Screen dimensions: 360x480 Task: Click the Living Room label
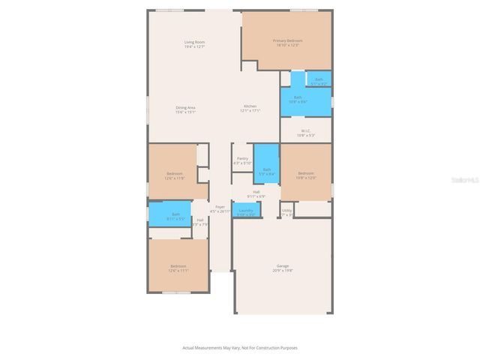[x=195, y=42]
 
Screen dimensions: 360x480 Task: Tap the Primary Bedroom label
[x=287, y=40]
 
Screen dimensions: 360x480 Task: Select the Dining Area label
[x=186, y=107]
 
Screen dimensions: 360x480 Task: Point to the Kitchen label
[x=250, y=106]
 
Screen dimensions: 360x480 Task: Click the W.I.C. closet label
[x=306, y=131]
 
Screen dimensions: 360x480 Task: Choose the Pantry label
[x=242, y=158]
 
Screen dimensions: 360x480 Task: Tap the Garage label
[x=283, y=265]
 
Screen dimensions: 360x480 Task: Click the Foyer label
[x=220, y=206]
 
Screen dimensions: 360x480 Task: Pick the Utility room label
[x=287, y=211]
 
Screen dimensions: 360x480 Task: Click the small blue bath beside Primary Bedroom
[x=319, y=80]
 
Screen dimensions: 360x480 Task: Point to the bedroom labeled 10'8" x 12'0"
[x=305, y=175]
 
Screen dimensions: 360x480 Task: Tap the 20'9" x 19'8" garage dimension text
[x=283, y=270]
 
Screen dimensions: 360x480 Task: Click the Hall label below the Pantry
[x=256, y=192]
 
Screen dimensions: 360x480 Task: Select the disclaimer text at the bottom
[x=240, y=347]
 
